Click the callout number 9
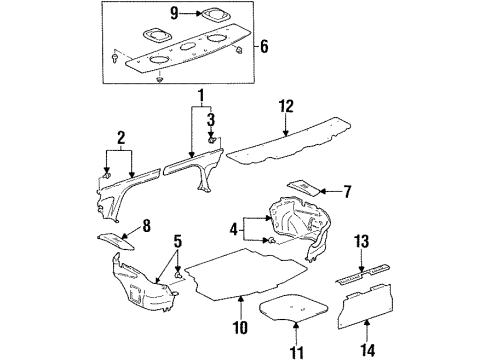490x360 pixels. point(175,13)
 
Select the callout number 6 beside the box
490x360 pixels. point(264,46)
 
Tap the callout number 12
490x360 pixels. point(286,106)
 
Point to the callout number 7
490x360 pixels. point(347,192)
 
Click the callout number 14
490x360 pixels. point(367,350)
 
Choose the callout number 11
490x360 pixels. point(296,352)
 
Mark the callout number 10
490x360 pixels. point(240,327)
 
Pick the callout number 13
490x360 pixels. point(361,241)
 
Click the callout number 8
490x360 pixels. point(146,226)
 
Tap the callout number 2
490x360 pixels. point(121,138)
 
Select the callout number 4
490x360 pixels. point(234,229)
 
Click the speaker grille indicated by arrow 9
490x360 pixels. point(216,14)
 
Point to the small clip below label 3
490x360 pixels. point(211,140)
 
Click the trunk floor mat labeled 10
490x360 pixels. point(246,273)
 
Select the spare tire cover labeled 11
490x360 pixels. point(293,307)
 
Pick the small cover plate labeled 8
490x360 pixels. point(115,241)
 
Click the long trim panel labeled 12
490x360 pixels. point(289,141)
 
